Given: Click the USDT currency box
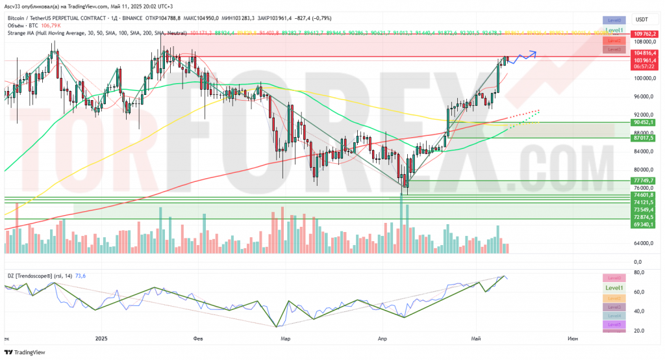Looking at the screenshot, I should click(x=642, y=19).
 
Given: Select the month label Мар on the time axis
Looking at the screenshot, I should click(x=284, y=339).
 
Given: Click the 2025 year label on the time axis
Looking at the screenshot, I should click(x=101, y=339).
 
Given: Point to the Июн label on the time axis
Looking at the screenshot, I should click(x=573, y=339).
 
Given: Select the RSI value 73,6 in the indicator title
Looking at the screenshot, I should click(x=81, y=276).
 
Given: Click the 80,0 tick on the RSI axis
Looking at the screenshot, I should click(x=639, y=273).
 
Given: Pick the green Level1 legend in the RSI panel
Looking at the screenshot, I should click(x=614, y=288).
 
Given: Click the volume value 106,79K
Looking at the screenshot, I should click(x=51, y=25).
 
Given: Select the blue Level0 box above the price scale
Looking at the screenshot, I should click(x=614, y=21).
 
